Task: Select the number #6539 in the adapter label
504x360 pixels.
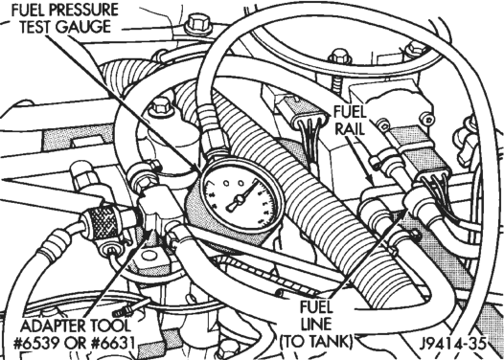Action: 36,343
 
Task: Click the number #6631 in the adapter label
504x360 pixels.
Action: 113,343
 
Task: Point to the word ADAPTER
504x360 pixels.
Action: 53,326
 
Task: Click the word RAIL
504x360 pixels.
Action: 350,129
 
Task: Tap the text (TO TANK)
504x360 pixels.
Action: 316,342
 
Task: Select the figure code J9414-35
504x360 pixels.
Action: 452,344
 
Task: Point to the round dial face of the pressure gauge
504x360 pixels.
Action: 241,198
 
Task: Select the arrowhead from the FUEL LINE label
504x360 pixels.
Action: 402,212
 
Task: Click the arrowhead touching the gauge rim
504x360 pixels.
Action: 195,168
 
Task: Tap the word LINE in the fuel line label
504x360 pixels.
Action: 316,325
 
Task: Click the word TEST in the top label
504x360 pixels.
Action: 35,27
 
